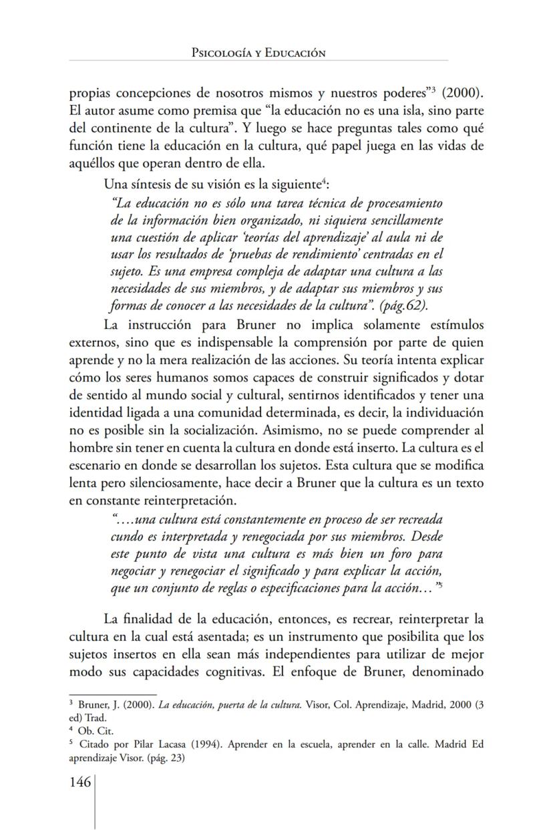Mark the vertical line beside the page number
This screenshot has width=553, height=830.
(95, 802)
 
